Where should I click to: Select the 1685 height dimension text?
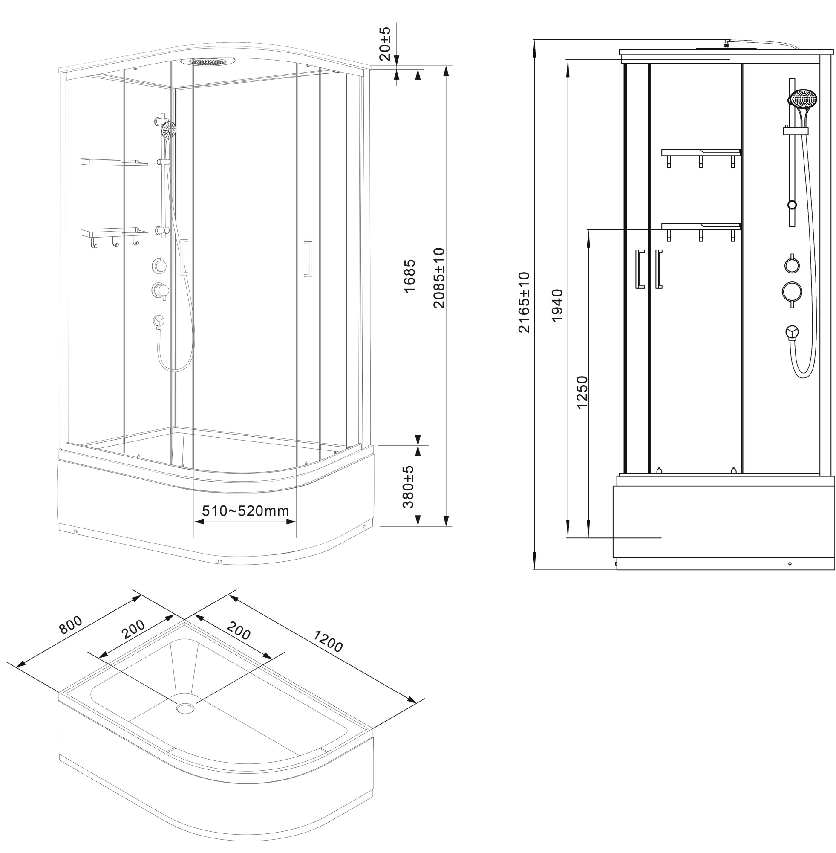tap(409, 276)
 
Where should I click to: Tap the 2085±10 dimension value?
tap(438, 278)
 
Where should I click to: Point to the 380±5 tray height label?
tap(408, 487)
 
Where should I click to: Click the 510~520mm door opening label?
tap(245, 511)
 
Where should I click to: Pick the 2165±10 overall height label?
tap(524, 302)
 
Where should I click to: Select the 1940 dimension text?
tap(557, 305)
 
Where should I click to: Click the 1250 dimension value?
tap(581, 392)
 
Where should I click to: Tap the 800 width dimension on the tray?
tap(71, 625)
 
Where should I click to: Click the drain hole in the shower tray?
tap(185, 708)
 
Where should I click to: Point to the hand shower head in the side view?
tap(804, 99)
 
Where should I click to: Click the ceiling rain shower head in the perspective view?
tap(212, 61)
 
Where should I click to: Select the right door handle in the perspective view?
tap(308, 259)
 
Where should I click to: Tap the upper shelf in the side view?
tap(701, 157)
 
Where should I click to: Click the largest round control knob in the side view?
tap(792, 292)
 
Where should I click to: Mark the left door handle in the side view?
tap(640, 269)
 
